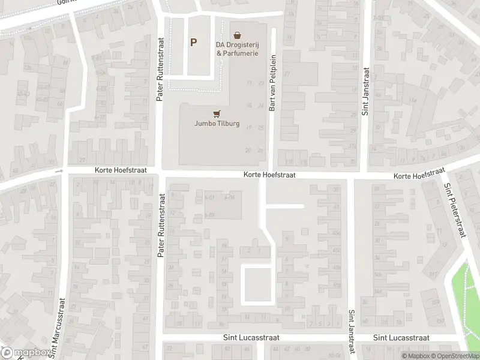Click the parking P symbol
pos(193,42)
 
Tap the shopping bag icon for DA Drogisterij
pos(238,35)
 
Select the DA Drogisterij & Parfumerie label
pos(238,49)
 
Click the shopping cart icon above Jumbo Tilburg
pos(217,113)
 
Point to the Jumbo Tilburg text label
pos(217,124)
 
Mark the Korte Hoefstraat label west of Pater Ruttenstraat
pos(120,170)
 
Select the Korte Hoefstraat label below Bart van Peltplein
pos(270,175)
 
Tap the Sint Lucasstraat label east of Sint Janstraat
pos(401,338)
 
